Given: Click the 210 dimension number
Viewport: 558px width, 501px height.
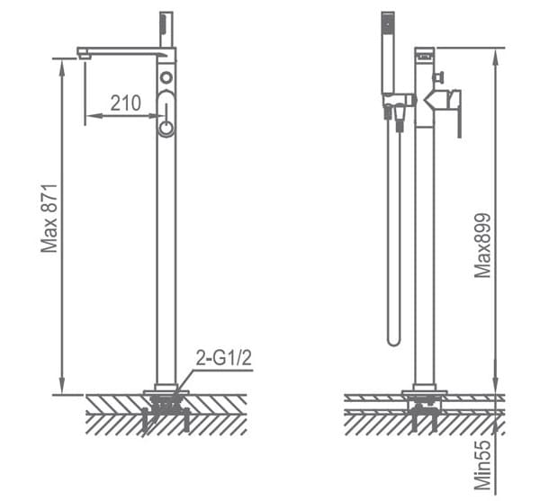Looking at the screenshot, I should click(126, 104).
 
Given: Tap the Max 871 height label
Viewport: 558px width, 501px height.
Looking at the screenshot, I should click(50, 219).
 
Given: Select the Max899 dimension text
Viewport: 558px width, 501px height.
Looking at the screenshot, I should click(483, 245).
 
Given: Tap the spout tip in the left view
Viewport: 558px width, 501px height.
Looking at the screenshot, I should click(83, 54).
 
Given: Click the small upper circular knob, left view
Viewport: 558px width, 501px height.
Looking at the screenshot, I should click(166, 78).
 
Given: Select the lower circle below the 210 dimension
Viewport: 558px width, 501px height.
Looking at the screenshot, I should click(166, 128).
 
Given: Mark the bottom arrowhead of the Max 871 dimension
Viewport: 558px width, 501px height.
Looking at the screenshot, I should click(61, 389).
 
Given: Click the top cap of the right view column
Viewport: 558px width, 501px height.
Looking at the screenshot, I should click(424, 52).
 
